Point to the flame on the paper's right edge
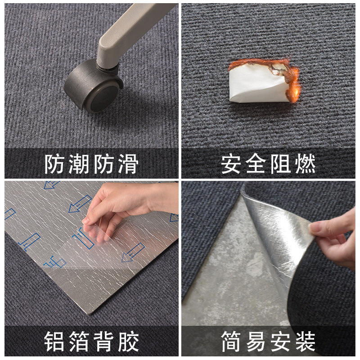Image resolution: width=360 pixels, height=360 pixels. click(293, 83)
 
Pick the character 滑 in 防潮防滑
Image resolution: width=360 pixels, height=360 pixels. click(126, 164)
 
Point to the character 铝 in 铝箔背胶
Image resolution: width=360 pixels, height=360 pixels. click(54, 342)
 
